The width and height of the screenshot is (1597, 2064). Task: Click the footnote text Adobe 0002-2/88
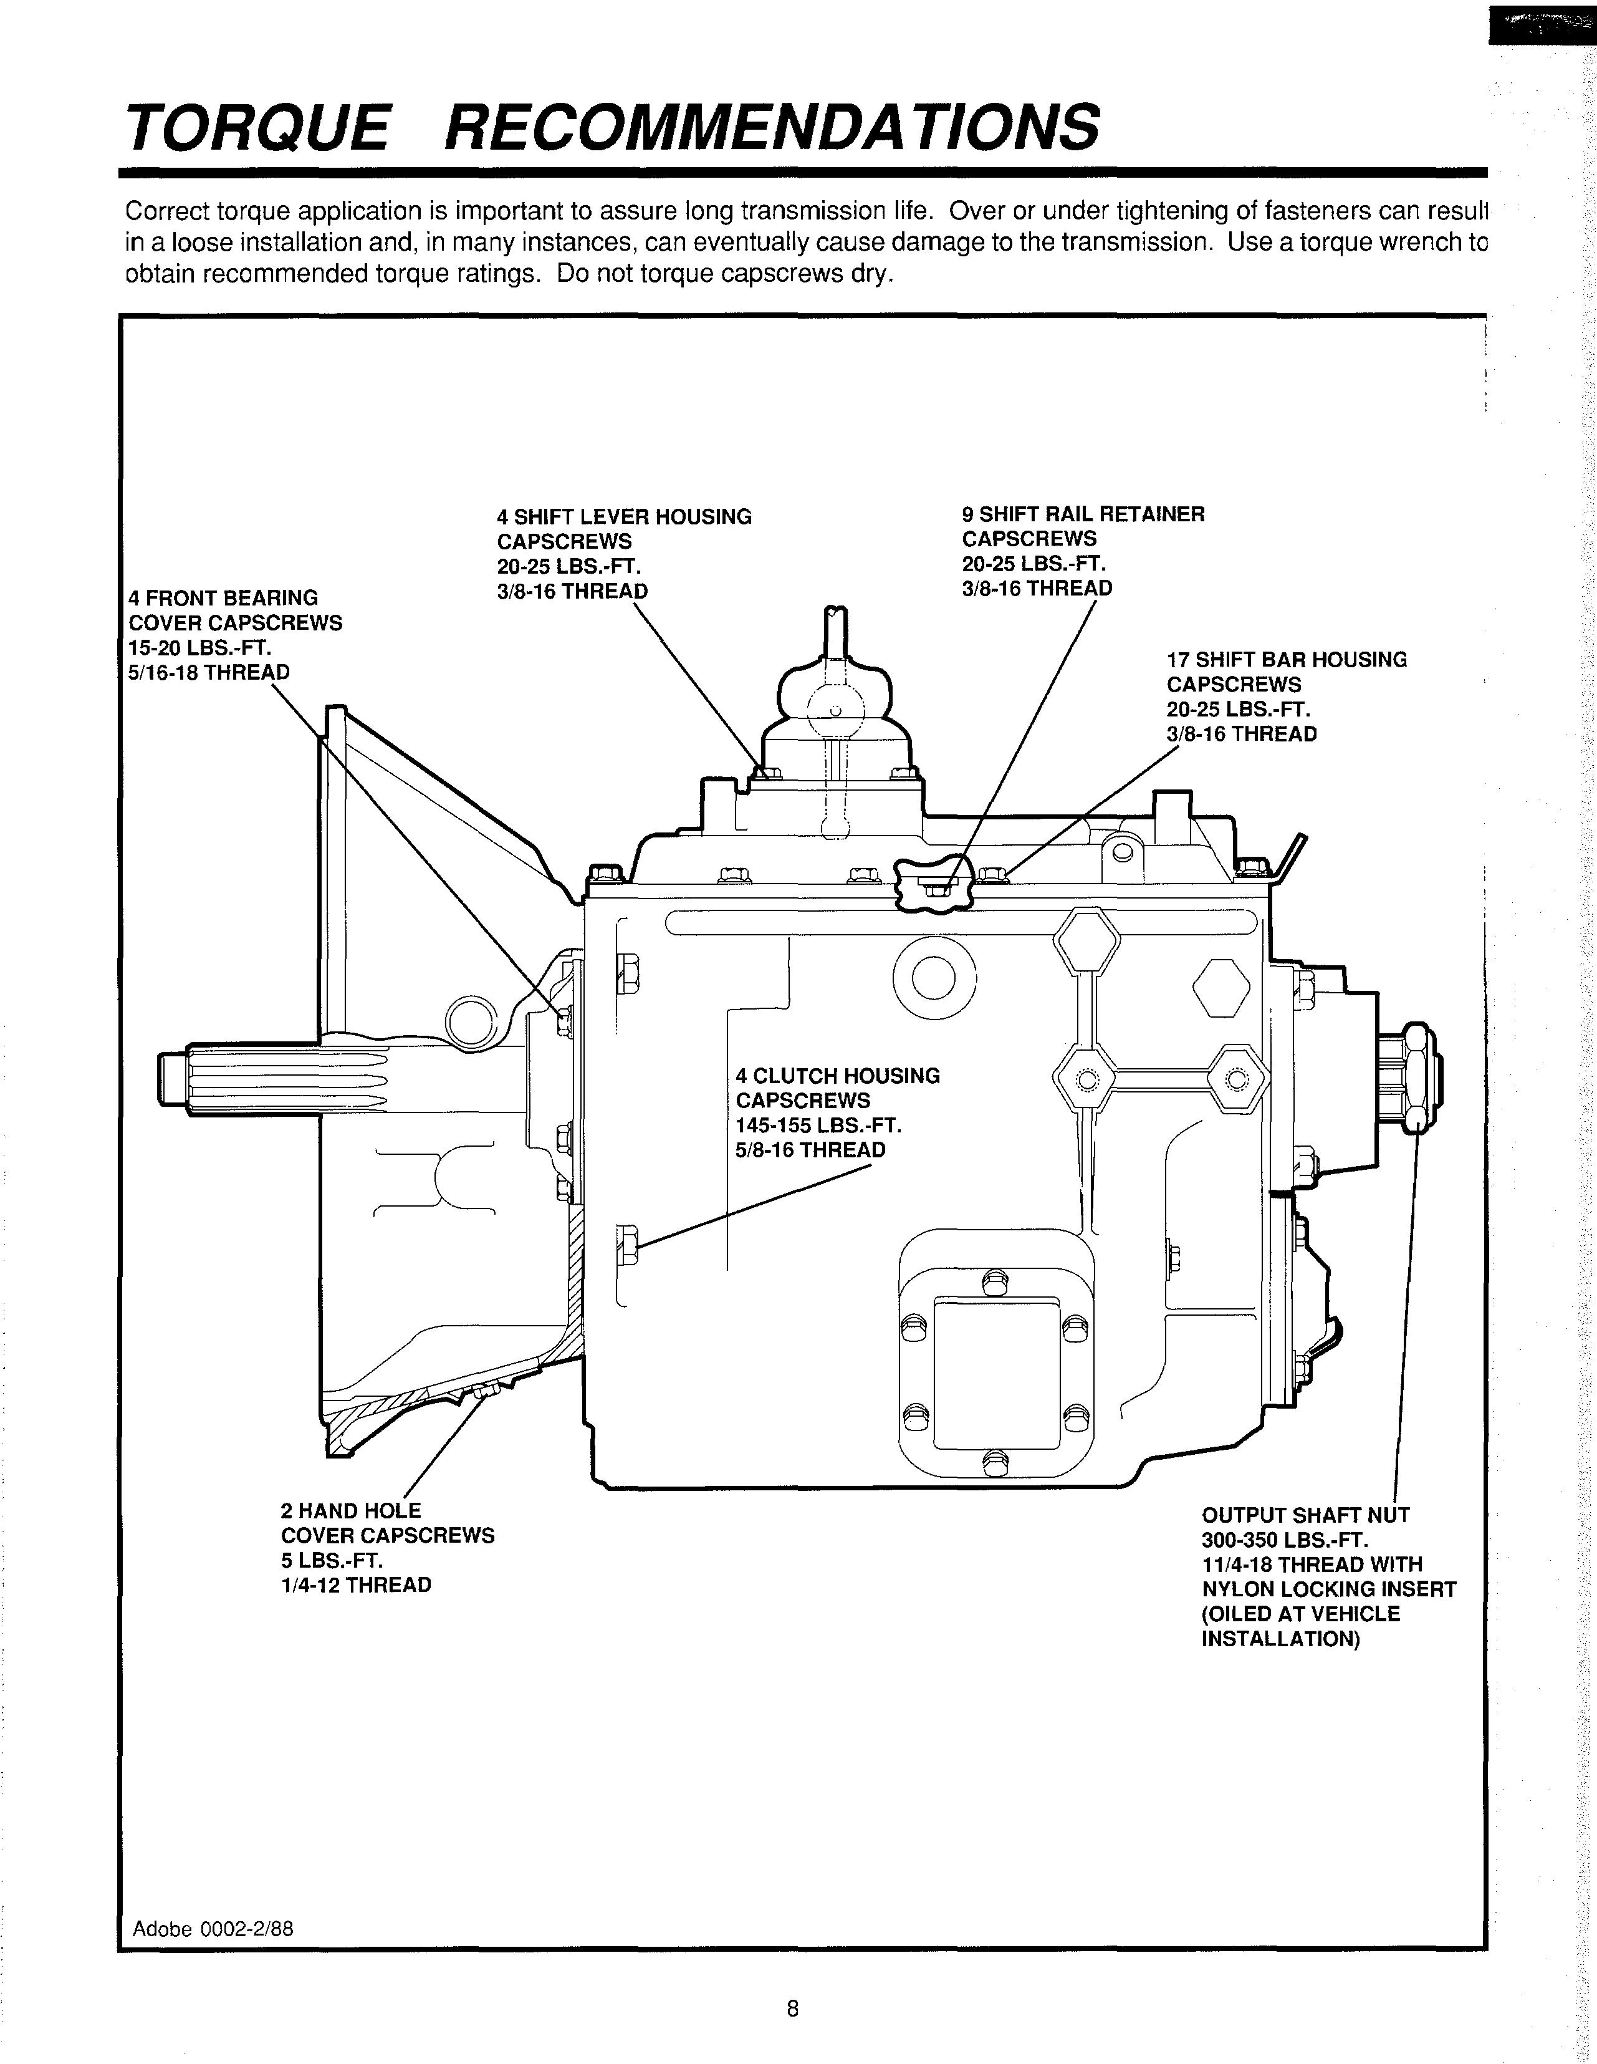213,1929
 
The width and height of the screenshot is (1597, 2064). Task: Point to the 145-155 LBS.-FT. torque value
818,1126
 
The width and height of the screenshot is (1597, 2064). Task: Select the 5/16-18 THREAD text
209,672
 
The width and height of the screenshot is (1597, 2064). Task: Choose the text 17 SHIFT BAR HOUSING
1286,660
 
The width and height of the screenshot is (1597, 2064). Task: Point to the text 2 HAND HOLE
350,1511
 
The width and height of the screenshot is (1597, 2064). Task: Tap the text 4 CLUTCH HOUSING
837,1076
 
